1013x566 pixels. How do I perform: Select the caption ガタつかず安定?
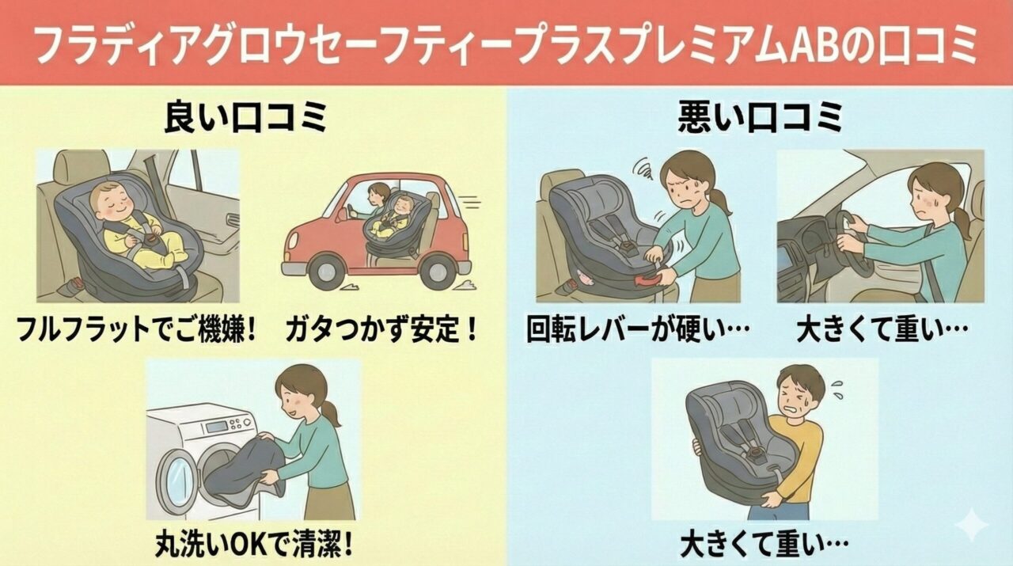tap(381, 329)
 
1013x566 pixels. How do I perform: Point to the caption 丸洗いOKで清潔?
tap(254, 544)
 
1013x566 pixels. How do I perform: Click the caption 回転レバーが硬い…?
tap(638, 329)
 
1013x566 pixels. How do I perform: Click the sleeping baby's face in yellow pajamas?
tap(110, 202)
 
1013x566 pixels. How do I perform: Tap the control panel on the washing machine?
tap(227, 425)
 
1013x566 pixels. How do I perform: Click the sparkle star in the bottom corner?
tap(971, 525)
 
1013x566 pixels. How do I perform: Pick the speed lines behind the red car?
tap(470, 202)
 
